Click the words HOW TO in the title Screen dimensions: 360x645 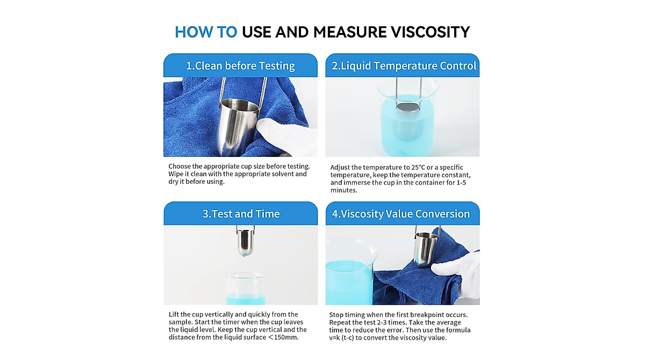[x=205, y=32]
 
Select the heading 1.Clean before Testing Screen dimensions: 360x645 [x=240, y=66]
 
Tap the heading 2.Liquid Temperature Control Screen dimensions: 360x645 [x=404, y=66]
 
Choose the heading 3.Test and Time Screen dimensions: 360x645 [x=241, y=214]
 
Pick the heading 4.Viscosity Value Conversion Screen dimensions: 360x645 [x=400, y=214]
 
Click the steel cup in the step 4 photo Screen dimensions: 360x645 [x=425, y=250]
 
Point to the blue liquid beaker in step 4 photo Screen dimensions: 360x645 [x=348, y=279]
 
